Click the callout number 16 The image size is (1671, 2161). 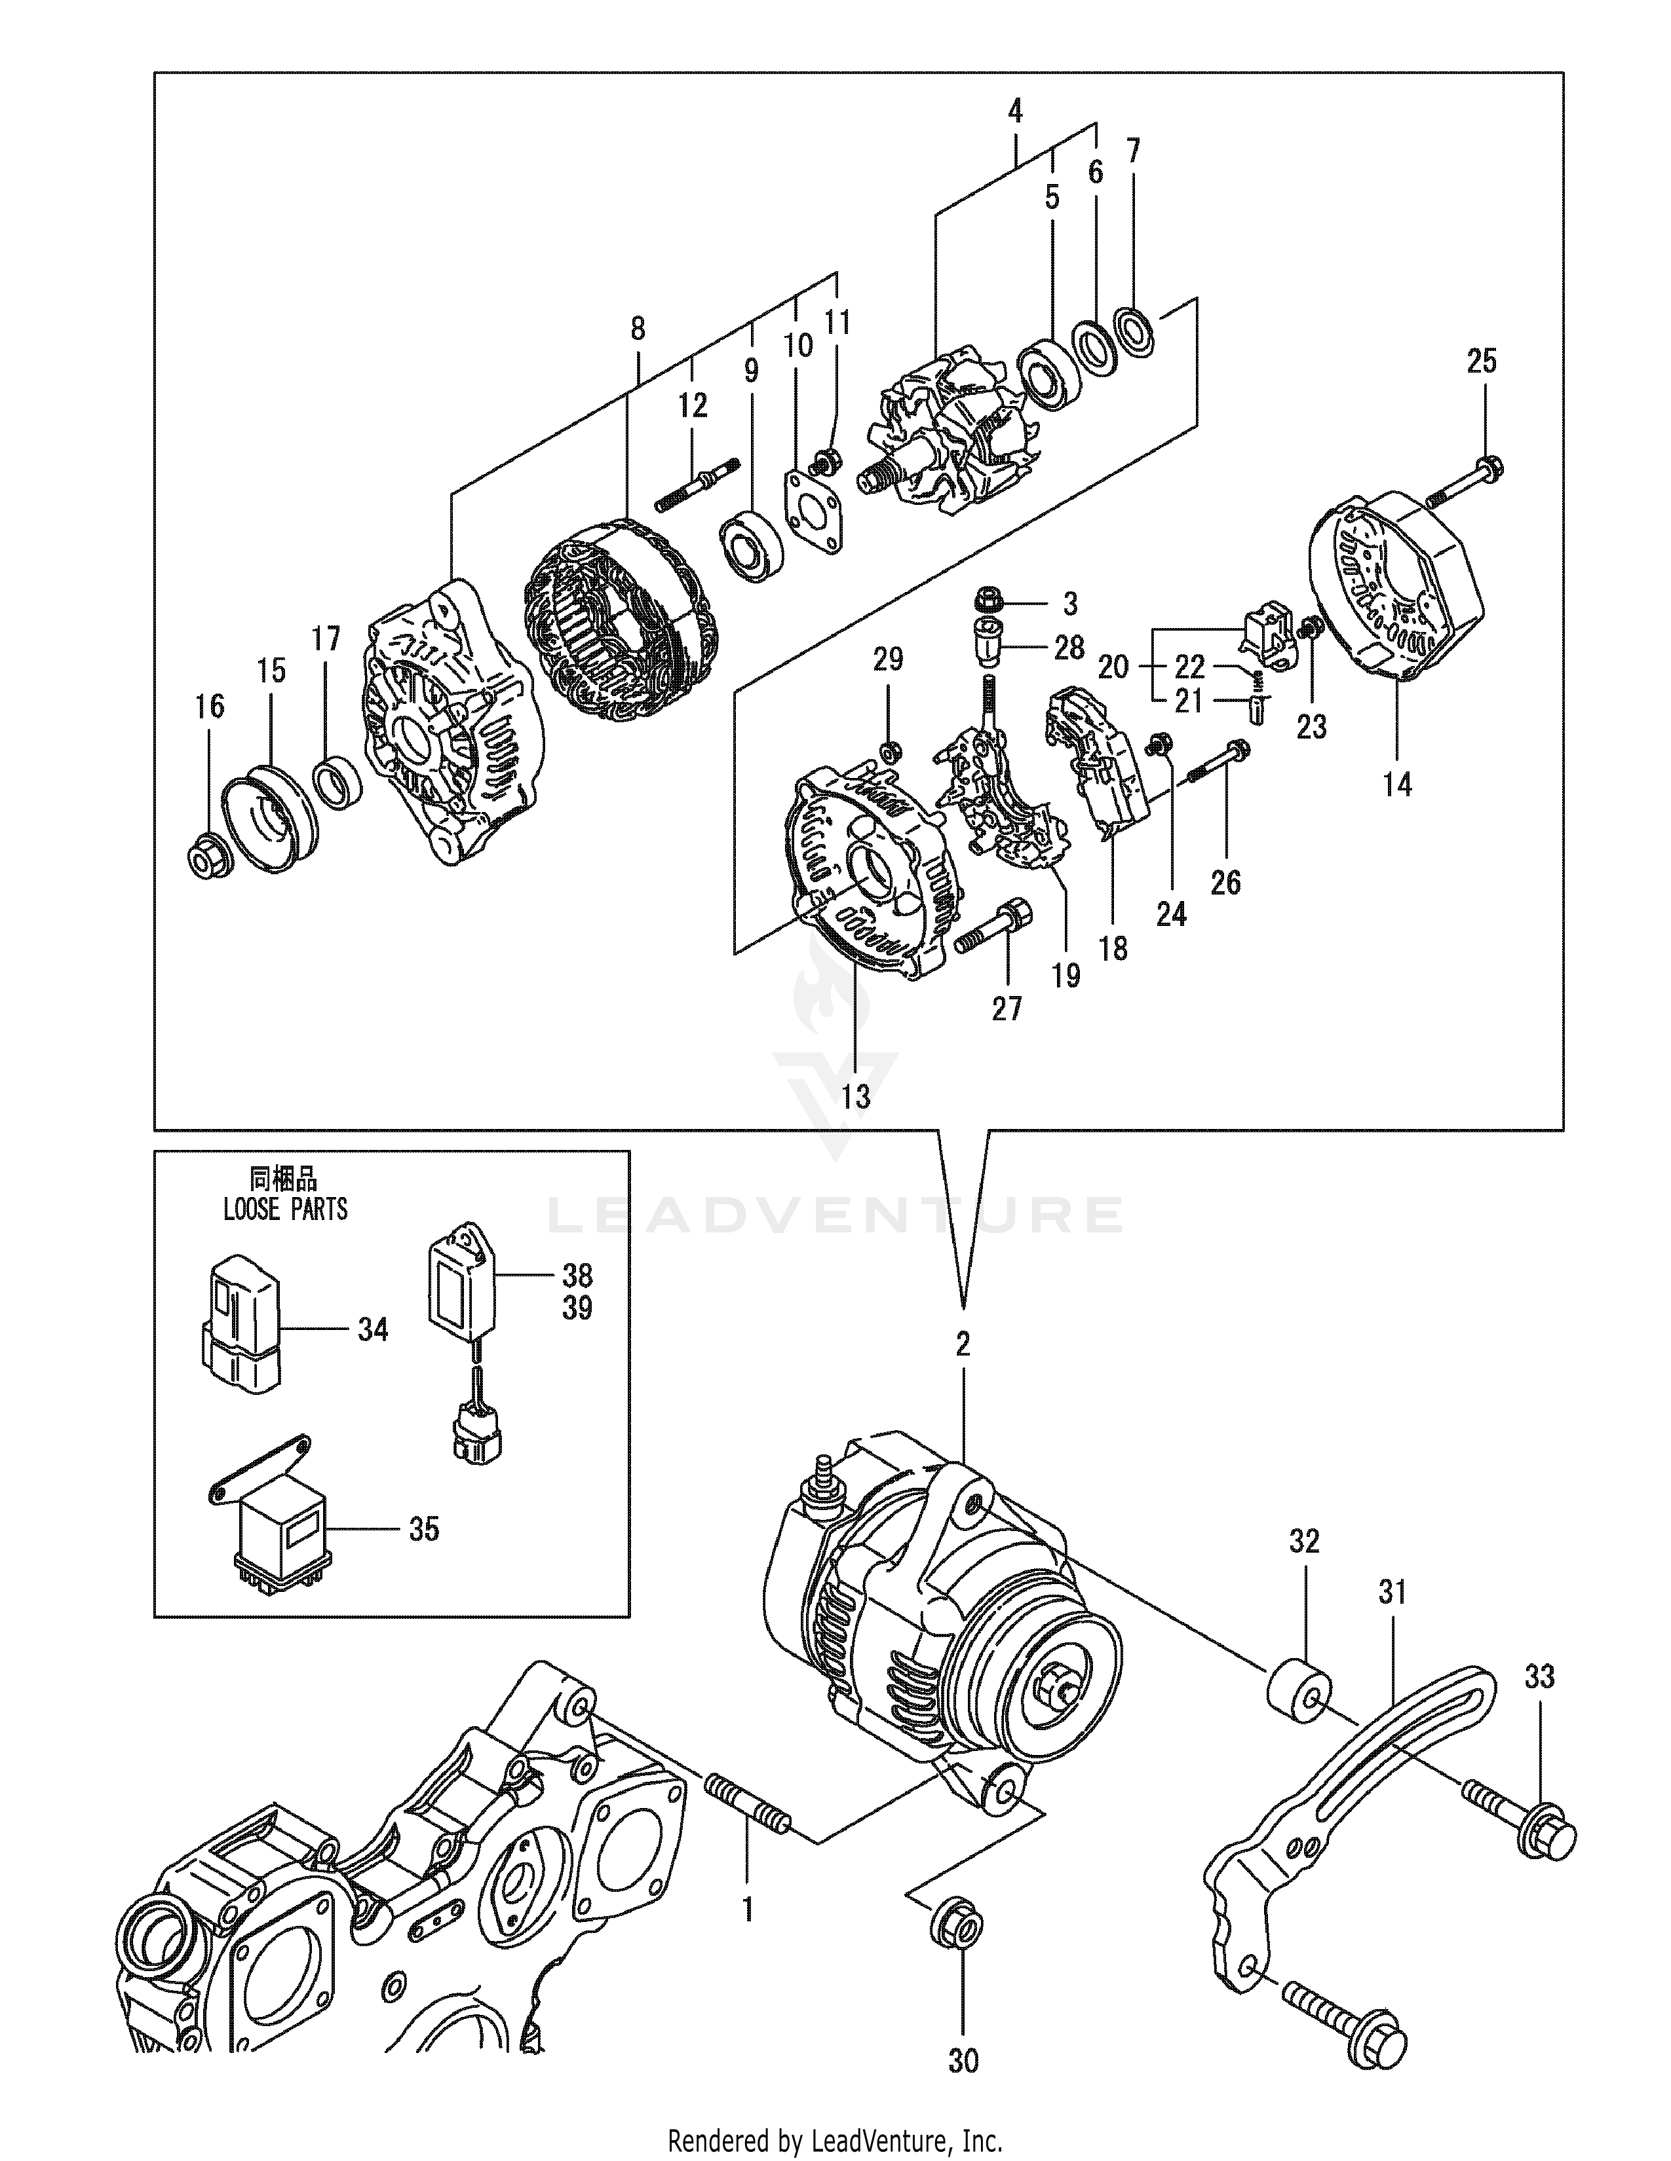[x=210, y=707]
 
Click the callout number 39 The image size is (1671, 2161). [x=577, y=1308]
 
